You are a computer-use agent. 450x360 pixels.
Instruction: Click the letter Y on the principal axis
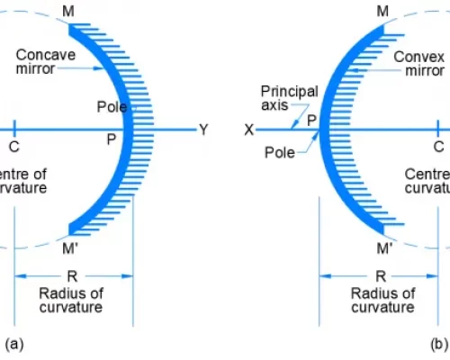pos(203,130)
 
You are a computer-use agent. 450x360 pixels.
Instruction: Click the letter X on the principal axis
pos(249,130)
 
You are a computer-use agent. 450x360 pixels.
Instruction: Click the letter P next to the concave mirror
pos(111,139)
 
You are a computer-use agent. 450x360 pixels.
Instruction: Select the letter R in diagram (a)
pos(73,276)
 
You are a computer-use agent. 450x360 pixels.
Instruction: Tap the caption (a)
pos(13,343)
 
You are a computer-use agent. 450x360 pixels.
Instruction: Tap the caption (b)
pos(439,343)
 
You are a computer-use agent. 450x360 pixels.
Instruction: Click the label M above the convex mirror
pos(383,11)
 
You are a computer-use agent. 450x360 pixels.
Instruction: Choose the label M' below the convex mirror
pos(385,248)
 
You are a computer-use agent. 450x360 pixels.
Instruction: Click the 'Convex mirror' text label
pos(412,61)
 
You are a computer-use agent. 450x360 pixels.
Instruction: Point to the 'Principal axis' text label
pos(283,98)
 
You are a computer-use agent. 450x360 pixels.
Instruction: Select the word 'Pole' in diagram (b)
pos(279,152)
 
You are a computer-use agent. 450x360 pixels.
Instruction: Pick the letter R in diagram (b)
pos(381,276)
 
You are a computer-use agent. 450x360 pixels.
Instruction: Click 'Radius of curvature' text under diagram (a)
pos(73,300)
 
